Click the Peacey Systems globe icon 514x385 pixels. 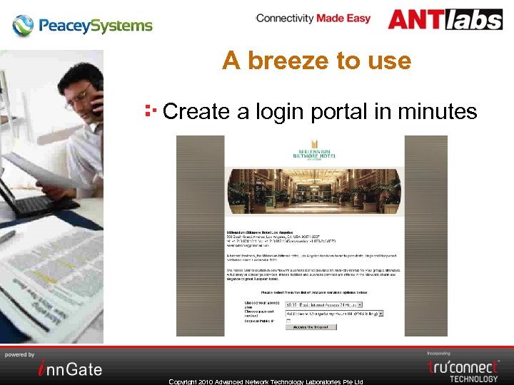[23, 26]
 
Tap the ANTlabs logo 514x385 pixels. [445, 19]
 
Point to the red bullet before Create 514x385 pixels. [150, 111]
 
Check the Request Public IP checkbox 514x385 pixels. [288, 321]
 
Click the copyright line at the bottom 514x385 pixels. [266, 381]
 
